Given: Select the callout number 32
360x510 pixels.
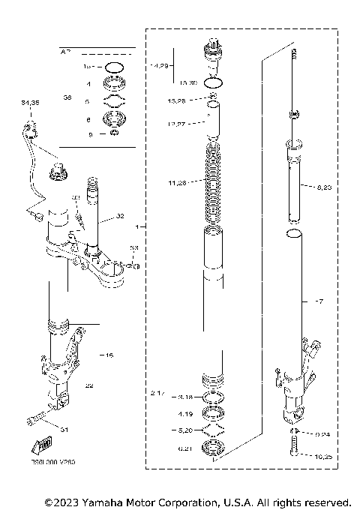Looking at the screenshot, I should [x=119, y=217].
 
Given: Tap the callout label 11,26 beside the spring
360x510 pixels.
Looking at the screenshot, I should [x=180, y=181].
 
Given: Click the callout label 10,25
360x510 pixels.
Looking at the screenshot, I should [x=323, y=456].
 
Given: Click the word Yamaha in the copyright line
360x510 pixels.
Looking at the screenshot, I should [x=95, y=501].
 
